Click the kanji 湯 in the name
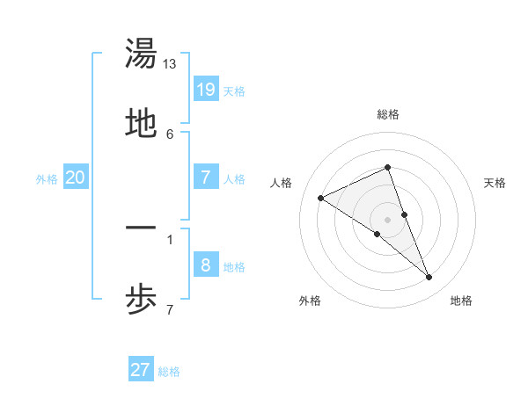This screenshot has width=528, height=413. point(142,54)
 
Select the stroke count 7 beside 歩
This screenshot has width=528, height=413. point(170,309)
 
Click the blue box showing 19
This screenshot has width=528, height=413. point(205,89)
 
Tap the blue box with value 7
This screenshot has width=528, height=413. point(205,177)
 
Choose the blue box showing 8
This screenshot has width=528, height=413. point(205,264)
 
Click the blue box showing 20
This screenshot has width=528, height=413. point(75,178)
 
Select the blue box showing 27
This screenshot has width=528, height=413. point(141,370)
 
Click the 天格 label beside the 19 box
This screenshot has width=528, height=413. point(234,91)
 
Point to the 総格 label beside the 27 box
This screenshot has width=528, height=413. point(169,373)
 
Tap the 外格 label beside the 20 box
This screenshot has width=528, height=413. point(47,179)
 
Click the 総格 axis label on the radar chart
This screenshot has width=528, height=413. point(388,114)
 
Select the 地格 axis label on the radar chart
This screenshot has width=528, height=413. point(461,301)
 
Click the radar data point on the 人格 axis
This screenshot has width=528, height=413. point(320,198)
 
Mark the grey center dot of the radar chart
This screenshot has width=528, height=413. point(388,219)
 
